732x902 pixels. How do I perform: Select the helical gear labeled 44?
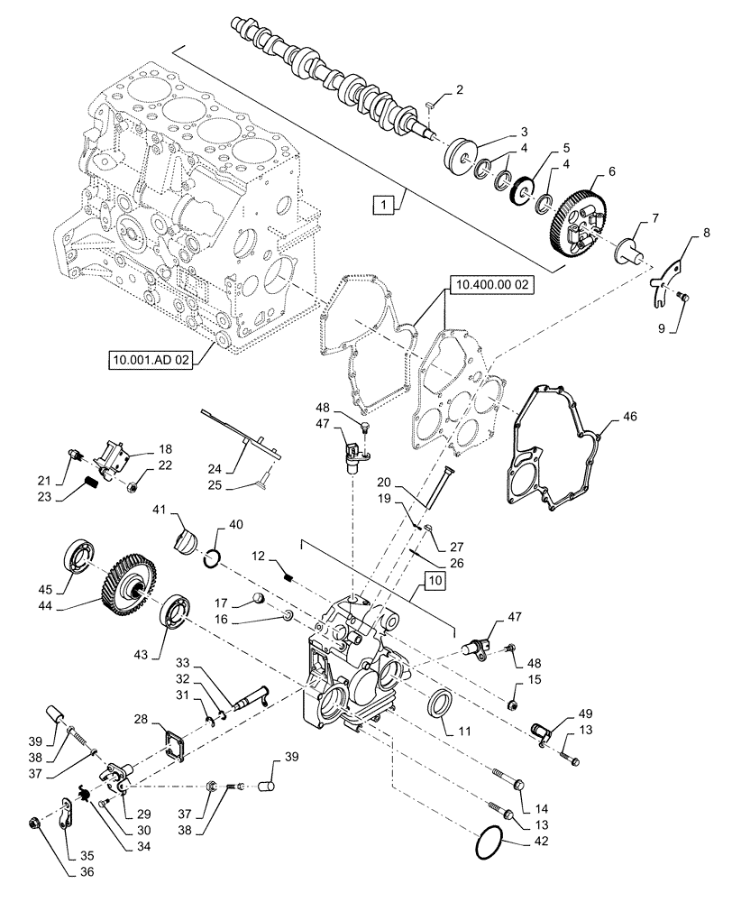[x=134, y=587]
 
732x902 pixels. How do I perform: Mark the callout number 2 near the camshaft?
[x=459, y=90]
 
